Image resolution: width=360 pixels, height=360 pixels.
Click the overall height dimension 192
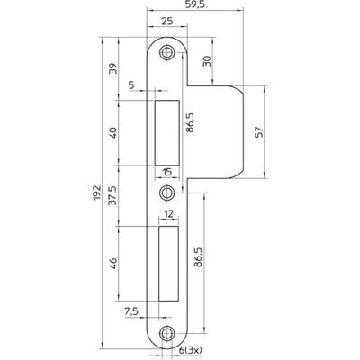pos(96,193)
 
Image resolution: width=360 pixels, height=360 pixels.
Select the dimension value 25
pos(166,22)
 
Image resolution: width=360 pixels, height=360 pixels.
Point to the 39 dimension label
pos(113,68)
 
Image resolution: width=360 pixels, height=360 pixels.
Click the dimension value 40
pos(113,132)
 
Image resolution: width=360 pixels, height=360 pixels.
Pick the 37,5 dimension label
pos(113,195)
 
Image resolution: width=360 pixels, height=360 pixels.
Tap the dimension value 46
pos(113,263)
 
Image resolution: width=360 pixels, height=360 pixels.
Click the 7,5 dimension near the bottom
pos(130,312)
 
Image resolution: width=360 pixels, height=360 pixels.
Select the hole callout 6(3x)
pos(191,350)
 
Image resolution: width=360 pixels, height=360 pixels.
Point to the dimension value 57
pos(258,132)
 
